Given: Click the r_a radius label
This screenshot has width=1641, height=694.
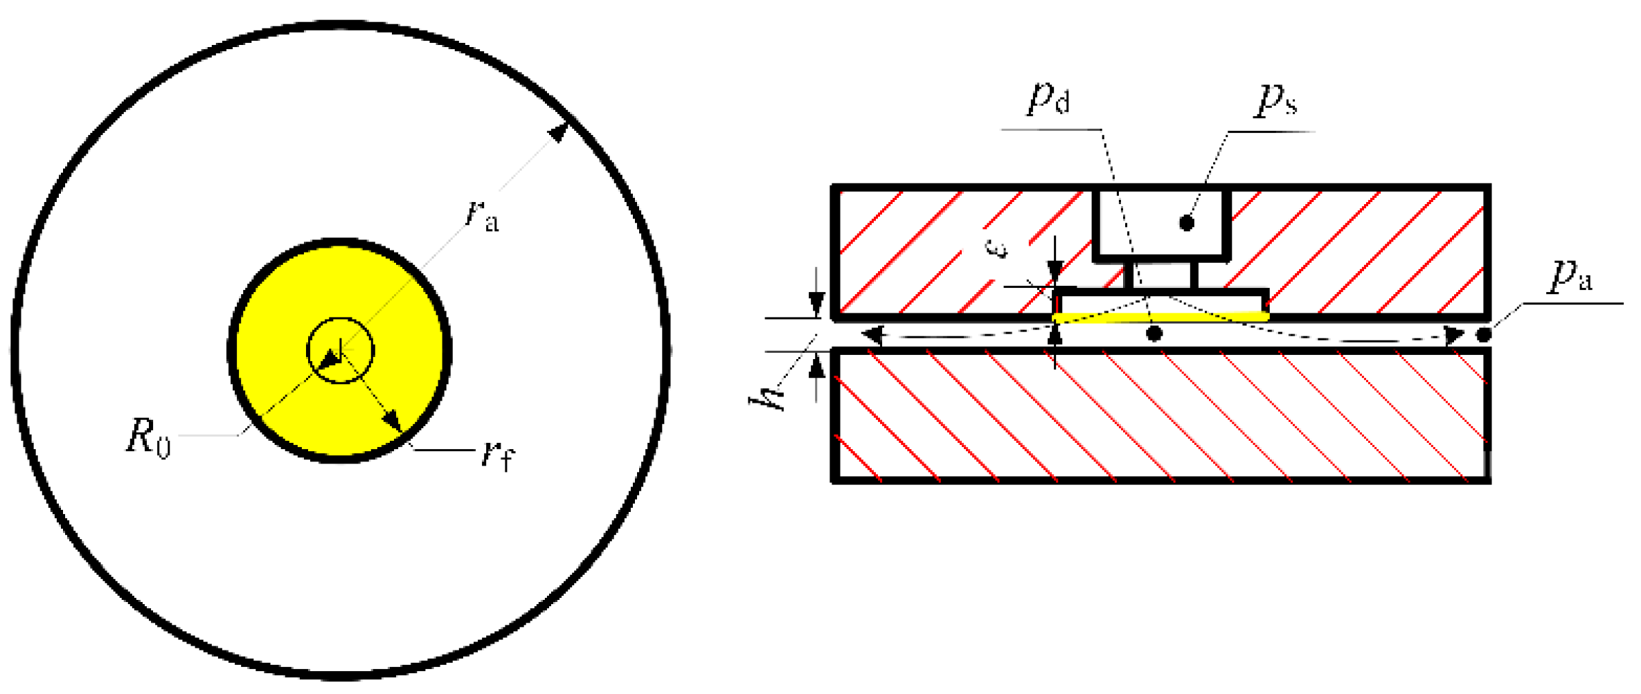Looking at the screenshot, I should click(x=482, y=215).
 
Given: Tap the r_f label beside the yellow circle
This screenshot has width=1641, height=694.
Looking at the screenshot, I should click(x=498, y=456).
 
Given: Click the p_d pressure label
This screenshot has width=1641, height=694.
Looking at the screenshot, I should click(x=1048, y=98).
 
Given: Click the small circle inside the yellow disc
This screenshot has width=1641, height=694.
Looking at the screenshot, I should click(x=340, y=351).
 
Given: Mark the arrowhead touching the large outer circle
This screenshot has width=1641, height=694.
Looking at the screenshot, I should click(x=558, y=131).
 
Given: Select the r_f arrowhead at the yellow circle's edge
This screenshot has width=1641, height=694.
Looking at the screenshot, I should click(x=393, y=421).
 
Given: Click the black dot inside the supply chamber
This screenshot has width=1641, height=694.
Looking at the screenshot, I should click(x=1186, y=223).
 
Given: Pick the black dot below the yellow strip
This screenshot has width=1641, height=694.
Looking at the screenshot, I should click(x=1154, y=334).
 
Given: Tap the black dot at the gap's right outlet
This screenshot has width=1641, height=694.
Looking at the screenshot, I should click(x=1484, y=335).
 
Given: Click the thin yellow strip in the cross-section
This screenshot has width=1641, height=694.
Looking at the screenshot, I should click(x=1160, y=317).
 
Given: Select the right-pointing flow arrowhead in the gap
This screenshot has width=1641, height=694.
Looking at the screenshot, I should click(x=1454, y=337).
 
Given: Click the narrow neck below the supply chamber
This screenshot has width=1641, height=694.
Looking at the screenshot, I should click(x=1160, y=275).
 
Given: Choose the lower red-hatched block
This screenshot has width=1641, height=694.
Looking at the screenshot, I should click(x=1160, y=415).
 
